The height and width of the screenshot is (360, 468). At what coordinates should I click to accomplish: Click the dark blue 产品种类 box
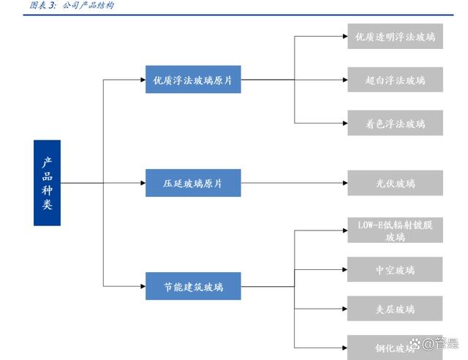tap(47, 182)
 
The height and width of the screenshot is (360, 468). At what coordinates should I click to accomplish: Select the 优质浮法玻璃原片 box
tap(193, 80)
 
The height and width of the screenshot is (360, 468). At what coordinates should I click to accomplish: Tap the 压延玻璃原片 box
tap(193, 183)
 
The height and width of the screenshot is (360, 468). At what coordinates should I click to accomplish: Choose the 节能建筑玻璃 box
tap(193, 285)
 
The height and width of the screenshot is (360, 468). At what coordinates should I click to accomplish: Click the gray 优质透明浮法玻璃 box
tap(395, 37)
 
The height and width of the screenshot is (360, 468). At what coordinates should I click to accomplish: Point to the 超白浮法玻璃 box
tap(395, 80)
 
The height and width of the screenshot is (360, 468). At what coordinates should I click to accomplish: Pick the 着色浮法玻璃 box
tap(395, 123)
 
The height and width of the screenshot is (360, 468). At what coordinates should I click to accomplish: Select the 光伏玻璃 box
tap(395, 183)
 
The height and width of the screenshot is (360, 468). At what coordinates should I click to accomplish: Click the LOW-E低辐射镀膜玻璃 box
tap(395, 230)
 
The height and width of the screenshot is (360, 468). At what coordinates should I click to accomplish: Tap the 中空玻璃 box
tap(395, 269)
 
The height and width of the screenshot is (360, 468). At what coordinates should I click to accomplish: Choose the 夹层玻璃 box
tap(395, 308)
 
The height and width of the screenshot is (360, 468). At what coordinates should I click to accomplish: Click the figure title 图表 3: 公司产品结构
tap(72, 6)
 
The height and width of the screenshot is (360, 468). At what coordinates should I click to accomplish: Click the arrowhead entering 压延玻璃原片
tap(143, 183)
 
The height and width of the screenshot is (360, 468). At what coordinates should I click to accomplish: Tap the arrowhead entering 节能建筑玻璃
tap(143, 285)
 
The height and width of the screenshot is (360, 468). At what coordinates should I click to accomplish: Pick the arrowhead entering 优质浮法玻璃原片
tap(143, 80)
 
